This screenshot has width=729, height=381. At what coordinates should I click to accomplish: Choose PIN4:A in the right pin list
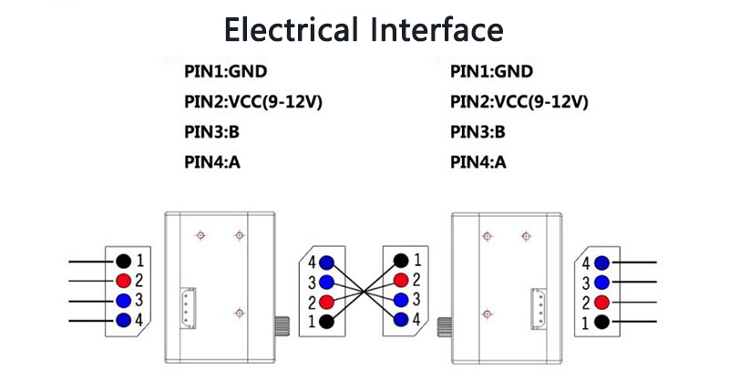click(x=477, y=162)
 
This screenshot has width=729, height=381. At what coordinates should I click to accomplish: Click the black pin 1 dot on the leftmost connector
click(x=123, y=261)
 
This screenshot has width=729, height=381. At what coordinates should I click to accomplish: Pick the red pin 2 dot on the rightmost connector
click(x=601, y=302)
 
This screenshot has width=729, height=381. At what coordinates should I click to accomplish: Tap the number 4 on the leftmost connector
click(x=139, y=320)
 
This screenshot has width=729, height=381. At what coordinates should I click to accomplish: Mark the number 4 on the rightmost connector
click(x=587, y=263)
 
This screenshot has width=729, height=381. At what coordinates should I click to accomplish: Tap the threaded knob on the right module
click(x=446, y=324)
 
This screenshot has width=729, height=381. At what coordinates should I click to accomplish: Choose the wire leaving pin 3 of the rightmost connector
click(x=634, y=283)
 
